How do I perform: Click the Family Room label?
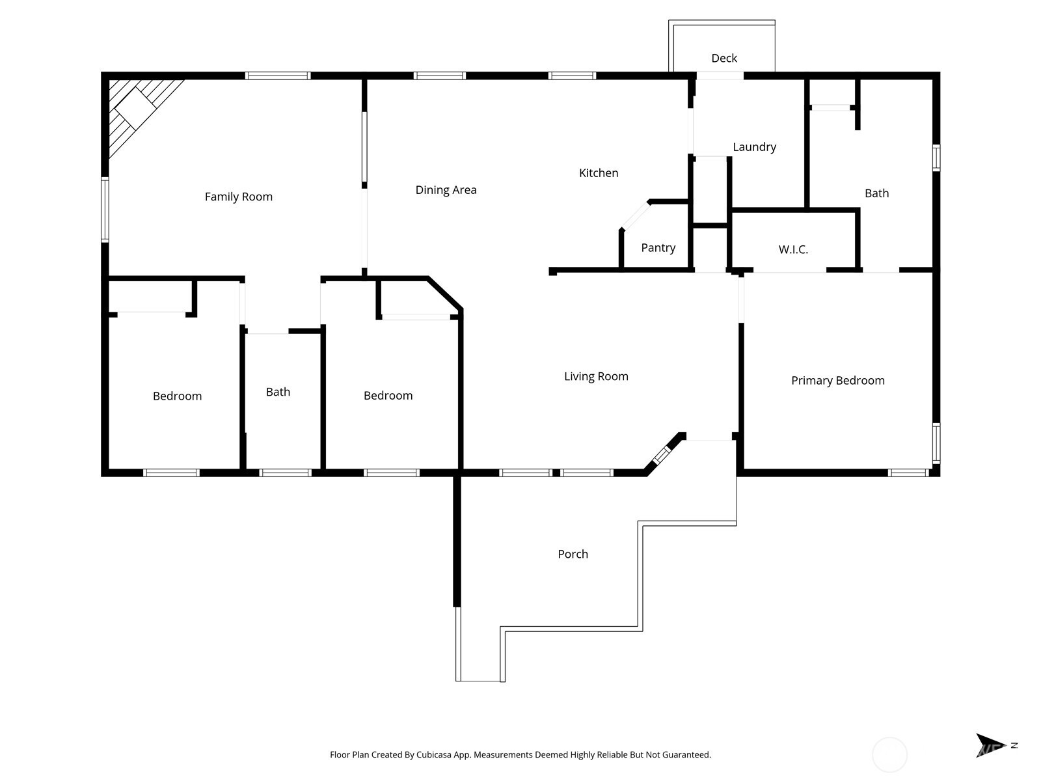[239, 197]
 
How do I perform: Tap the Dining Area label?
[446, 190]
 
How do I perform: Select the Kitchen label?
[599, 173]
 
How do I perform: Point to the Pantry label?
[658, 247]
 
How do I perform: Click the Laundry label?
[755, 147]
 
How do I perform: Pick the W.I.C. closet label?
[793, 249]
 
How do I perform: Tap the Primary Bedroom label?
[838, 380]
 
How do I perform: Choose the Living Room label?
[596, 377]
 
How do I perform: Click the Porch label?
[573, 554]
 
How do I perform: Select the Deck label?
[724, 58]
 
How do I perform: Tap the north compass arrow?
[990, 745]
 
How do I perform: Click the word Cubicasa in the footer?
[435, 754]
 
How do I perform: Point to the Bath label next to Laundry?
[877, 193]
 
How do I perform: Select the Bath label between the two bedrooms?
[278, 392]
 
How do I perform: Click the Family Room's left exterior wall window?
[105, 210]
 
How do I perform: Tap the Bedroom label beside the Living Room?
[388, 396]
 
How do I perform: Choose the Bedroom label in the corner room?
[178, 396]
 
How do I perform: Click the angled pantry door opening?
[636, 216]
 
